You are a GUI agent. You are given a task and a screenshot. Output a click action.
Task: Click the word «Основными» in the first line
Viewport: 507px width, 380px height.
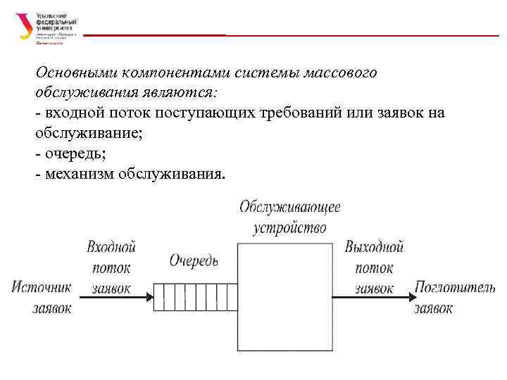[75, 73]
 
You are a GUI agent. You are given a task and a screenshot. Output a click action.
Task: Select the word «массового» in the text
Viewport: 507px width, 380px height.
[342, 73]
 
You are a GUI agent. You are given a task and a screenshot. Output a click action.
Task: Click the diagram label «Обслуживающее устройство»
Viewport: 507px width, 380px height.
[289, 217]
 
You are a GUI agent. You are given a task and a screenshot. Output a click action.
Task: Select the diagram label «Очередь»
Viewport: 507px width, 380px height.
[194, 260]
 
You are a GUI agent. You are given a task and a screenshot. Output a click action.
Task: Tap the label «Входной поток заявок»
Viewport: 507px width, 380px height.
[111, 268]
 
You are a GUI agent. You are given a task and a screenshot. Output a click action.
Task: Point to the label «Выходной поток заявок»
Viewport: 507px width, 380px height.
[374, 268]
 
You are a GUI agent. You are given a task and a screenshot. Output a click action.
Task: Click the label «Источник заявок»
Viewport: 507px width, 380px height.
[42, 297]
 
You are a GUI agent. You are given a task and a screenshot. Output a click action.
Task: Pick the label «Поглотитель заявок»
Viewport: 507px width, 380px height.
[454, 297]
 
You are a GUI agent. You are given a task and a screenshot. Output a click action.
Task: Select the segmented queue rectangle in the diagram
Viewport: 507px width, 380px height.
[195, 296]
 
